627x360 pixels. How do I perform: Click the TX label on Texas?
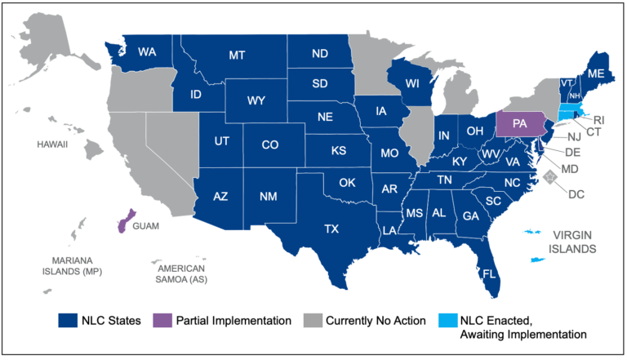click(331, 229)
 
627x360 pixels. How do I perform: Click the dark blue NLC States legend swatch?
click(68, 320)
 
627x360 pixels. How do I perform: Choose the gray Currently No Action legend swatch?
click(313, 320)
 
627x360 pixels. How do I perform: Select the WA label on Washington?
click(147, 52)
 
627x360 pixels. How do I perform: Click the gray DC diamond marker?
click(552, 177)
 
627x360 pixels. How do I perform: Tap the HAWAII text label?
click(51, 144)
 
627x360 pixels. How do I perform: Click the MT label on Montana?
click(237, 55)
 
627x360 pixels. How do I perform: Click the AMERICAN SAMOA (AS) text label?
click(182, 273)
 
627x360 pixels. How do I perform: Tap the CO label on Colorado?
click(269, 145)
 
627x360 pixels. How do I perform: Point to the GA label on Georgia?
click(470, 216)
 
